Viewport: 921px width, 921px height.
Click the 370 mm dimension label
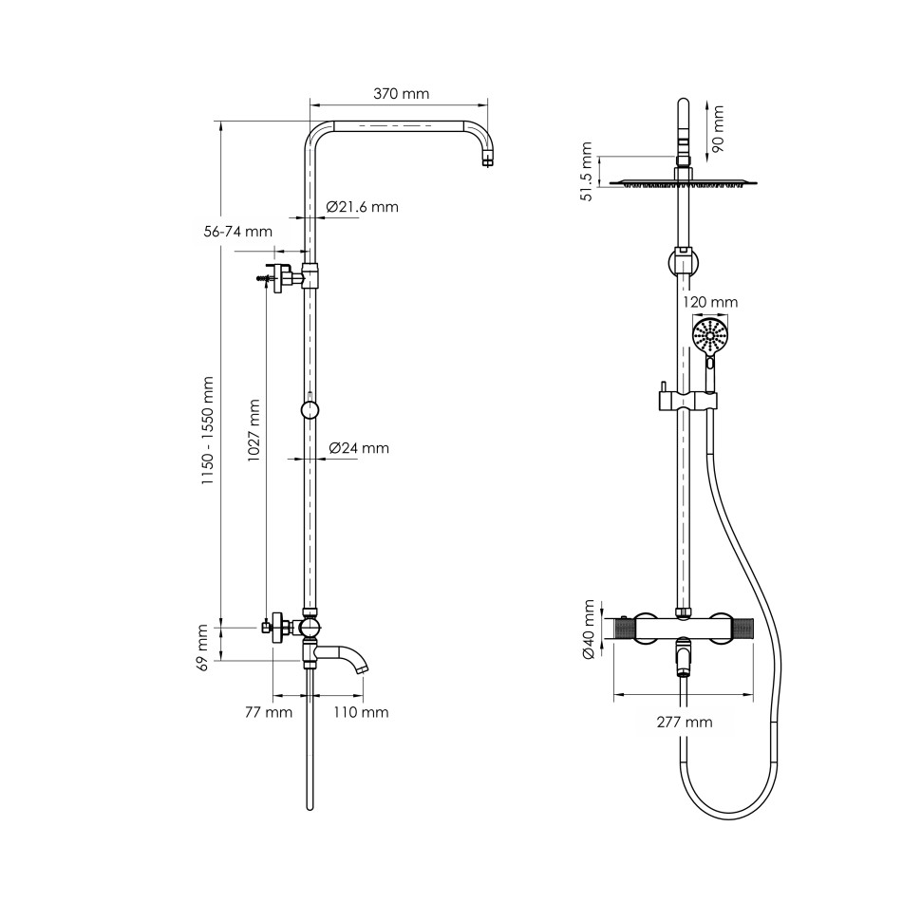tap(402, 93)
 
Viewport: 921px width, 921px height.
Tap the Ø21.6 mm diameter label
tap(363, 207)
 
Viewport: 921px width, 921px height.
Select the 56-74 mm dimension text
tap(238, 232)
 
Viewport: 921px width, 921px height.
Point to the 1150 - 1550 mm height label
tap(207, 430)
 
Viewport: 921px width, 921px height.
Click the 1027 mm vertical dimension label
tap(254, 430)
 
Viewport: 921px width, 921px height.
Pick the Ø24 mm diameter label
tap(359, 448)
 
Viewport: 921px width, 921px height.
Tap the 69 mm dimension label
tap(203, 648)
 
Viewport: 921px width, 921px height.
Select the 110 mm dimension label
tap(361, 712)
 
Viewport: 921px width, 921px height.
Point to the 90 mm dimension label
tap(718, 129)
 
